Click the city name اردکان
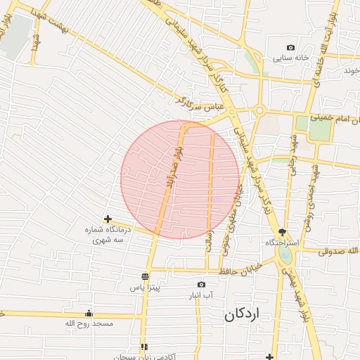(x=243, y=314)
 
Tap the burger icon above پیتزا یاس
(x=145, y=276)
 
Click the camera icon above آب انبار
(x=202, y=284)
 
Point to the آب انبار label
(x=202, y=295)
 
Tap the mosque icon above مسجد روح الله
(x=89, y=314)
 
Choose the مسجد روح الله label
(x=89, y=323)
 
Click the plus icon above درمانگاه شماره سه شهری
(x=108, y=219)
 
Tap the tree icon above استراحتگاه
(x=283, y=231)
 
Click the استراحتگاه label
(x=283, y=243)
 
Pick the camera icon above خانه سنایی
(x=292, y=46)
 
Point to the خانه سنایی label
(x=292, y=58)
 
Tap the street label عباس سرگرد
(x=200, y=105)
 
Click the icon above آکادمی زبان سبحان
(x=144, y=347)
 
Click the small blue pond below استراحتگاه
(x=284, y=253)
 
